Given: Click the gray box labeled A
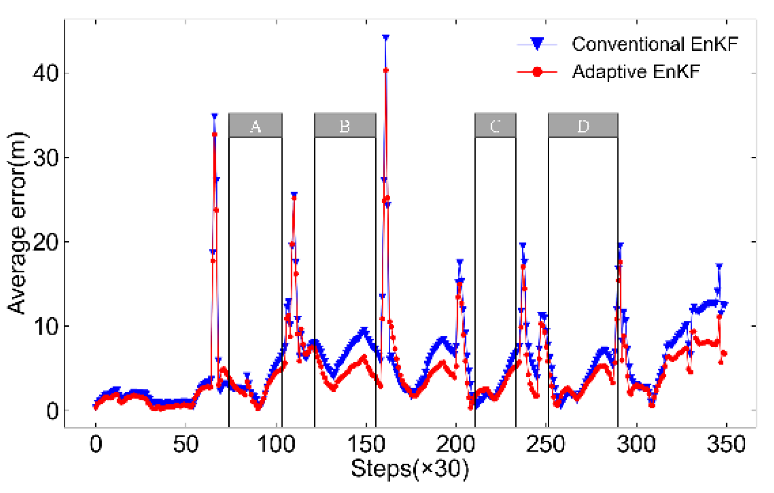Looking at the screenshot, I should (255, 125).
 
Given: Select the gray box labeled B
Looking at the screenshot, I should (345, 125).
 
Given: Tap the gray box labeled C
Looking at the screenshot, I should (495, 125).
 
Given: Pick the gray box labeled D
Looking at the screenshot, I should (583, 125).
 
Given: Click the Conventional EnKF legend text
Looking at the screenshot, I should (654, 44).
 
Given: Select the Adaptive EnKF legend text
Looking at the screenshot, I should (635, 72).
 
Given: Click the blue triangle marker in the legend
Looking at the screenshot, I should (537, 44).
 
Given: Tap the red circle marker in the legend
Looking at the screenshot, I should (537, 72).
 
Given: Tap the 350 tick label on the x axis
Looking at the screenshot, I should (726, 444).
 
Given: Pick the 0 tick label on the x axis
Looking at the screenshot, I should (95, 444).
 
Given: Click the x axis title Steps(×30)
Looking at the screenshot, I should (410, 469).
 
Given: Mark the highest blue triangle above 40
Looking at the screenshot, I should (385, 38).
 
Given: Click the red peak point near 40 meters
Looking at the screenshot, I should (386, 71).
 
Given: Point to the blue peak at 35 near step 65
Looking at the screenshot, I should (214, 116).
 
